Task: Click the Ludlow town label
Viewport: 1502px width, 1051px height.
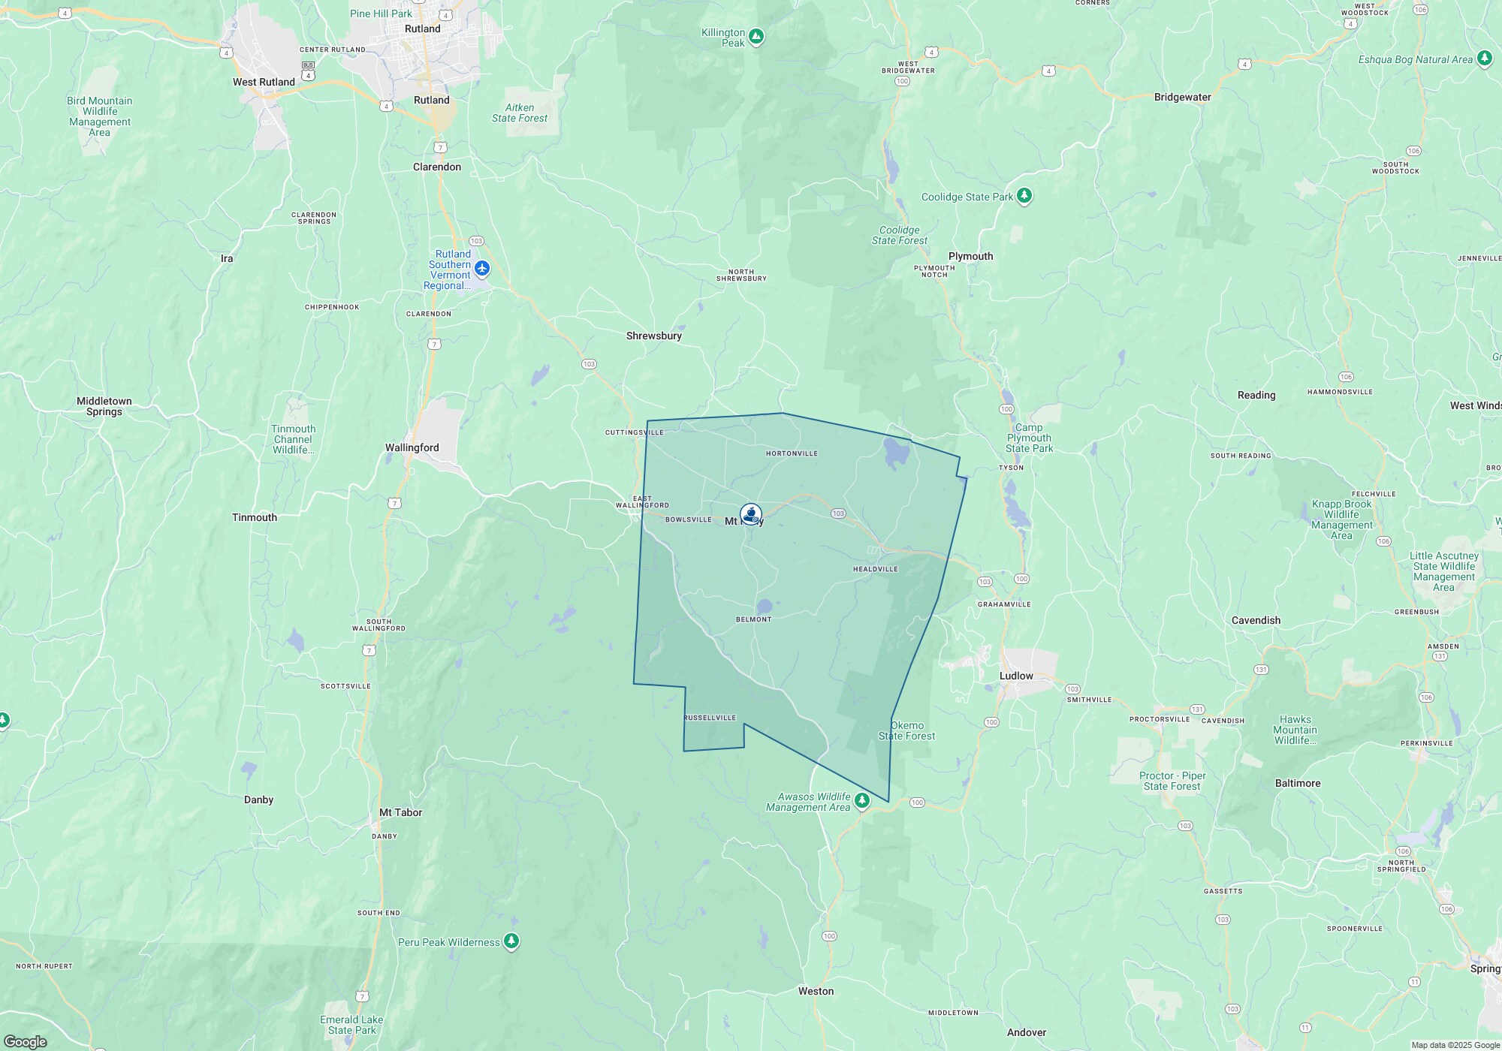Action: [1016, 676]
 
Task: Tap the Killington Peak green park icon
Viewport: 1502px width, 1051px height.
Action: [756, 36]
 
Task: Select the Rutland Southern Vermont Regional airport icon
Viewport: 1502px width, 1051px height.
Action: [482, 268]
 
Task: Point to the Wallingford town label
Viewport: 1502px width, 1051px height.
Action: [412, 447]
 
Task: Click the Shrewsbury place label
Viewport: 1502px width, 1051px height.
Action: [653, 336]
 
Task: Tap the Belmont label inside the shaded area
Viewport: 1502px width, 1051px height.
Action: [753, 619]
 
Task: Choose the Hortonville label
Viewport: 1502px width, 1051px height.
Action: [792, 453]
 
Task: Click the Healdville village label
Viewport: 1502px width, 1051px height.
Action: [875, 569]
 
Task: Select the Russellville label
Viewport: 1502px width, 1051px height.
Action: [710, 718]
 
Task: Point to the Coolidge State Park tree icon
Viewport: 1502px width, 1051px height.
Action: [1024, 196]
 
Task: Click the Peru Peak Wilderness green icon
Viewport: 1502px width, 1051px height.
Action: [511, 941]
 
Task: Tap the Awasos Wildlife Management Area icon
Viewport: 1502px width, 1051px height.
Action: [862, 801]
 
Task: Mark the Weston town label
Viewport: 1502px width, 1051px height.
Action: [816, 991]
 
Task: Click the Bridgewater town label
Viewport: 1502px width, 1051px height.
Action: [1182, 97]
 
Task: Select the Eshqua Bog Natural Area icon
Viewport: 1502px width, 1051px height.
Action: [1484, 59]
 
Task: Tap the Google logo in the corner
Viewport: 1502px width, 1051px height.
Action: [26, 1041]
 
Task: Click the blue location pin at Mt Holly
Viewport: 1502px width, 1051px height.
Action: [750, 514]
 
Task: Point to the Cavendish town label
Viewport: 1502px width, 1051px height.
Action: [1256, 620]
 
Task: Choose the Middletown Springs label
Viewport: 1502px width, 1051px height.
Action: [104, 406]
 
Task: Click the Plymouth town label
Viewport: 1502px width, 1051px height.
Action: [970, 256]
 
